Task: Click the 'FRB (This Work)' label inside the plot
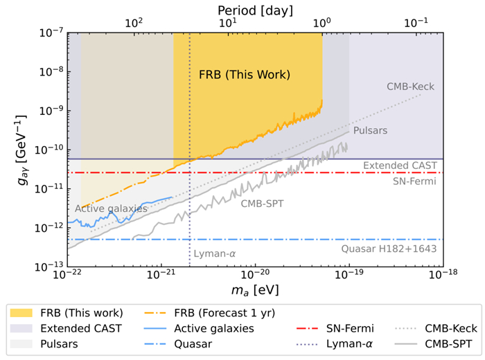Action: [244, 74]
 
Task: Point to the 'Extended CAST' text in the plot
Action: [400, 166]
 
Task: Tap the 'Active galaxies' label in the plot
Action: [111, 208]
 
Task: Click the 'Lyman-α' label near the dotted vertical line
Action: [215, 254]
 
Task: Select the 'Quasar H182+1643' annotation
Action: [389, 248]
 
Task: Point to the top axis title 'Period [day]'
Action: [255, 10]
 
